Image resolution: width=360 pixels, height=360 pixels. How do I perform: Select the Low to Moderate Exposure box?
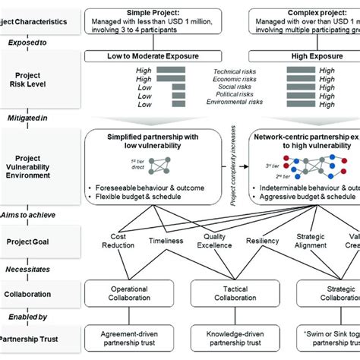tap(156, 55)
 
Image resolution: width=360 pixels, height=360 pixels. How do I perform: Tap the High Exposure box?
tap(312, 55)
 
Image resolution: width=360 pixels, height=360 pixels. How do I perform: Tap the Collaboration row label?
tap(33, 290)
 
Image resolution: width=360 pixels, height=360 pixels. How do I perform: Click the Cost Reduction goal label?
tap(119, 241)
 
